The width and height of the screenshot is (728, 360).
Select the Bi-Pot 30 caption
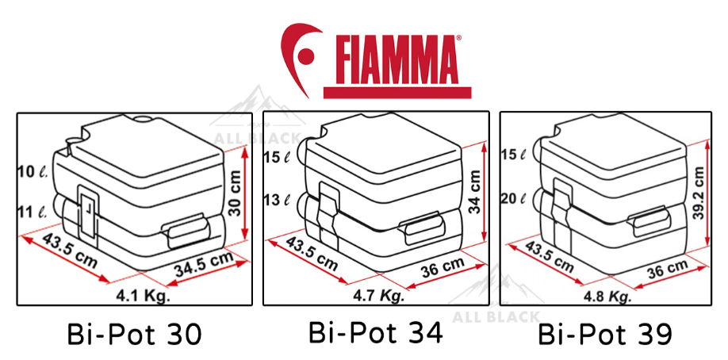134,334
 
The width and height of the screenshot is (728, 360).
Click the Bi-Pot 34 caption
375,332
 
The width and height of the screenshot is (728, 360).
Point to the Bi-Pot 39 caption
605,334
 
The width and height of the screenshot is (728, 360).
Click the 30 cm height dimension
236,193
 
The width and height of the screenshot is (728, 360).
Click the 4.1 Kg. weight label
144,295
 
